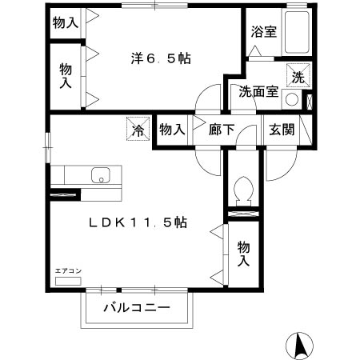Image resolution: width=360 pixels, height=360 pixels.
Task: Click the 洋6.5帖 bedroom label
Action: pyautogui.click(x=162, y=58)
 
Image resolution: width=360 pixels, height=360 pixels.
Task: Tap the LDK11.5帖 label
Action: pyautogui.click(x=138, y=223)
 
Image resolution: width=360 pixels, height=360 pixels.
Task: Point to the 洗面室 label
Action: pyautogui.click(x=258, y=91)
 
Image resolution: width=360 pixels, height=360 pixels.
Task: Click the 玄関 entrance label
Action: pyautogui.click(x=281, y=130)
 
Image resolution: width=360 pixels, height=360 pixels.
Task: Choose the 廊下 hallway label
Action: pyautogui.click(x=222, y=130)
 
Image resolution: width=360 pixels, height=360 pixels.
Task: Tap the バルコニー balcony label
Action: pyautogui.click(x=136, y=307)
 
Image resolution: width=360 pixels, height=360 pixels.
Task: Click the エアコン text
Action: pyautogui.click(x=68, y=272)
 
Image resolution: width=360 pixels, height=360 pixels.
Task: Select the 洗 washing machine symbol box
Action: pyautogui.click(x=298, y=77)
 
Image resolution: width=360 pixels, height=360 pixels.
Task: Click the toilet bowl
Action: pyautogui.click(x=242, y=190)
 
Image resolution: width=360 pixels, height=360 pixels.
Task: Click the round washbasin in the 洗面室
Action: pyautogui.click(x=292, y=101)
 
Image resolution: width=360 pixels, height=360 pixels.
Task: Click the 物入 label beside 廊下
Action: pyautogui.click(x=171, y=130)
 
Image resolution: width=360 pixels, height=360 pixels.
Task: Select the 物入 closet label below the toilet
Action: pyautogui.click(x=244, y=254)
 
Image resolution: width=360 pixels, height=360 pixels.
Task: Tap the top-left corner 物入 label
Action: pyautogui.click(x=66, y=23)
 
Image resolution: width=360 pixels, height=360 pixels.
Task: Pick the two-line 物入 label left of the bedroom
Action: pyautogui.click(x=66, y=77)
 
